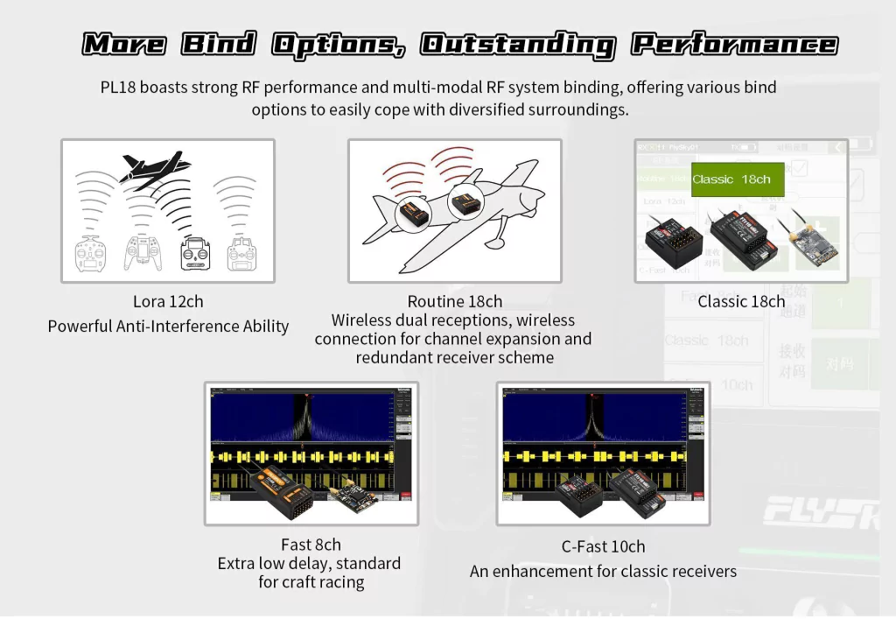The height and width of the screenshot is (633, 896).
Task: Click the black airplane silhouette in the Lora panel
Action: tap(155, 167)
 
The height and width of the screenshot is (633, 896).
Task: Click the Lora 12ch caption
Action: tap(168, 302)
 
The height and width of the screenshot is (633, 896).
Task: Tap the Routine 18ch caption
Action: tap(455, 302)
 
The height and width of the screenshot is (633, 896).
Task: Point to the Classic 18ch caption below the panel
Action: tap(741, 302)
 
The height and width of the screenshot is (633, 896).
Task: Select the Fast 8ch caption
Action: tap(311, 545)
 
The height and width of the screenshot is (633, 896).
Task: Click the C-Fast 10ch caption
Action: tap(603, 546)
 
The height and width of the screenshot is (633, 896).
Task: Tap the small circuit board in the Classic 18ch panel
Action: tap(815, 245)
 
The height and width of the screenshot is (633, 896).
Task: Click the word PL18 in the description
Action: tap(118, 88)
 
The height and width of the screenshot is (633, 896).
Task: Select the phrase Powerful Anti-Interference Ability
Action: tap(168, 327)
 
